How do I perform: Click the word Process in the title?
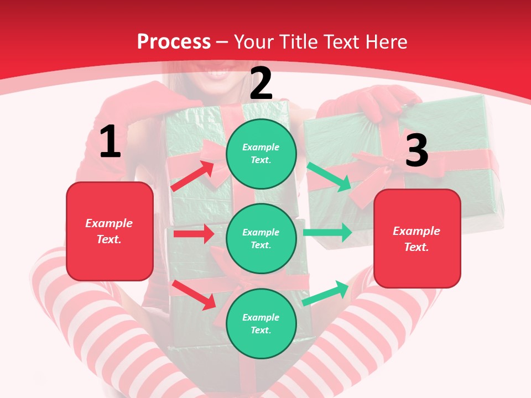[174, 41]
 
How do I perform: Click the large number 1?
[110, 142]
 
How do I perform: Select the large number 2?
[261, 83]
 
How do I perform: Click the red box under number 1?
[110, 231]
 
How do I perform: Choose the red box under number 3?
[417, 239]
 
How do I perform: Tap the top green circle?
[261, 154]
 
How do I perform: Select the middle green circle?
[261, 238]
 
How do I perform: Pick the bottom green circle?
[261, 323]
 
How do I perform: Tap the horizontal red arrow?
[194, 234]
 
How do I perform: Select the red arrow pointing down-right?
[194, 294]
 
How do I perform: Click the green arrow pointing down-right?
[329, 177]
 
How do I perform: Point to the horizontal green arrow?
[327, 232]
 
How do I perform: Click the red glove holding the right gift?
[382, 102]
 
